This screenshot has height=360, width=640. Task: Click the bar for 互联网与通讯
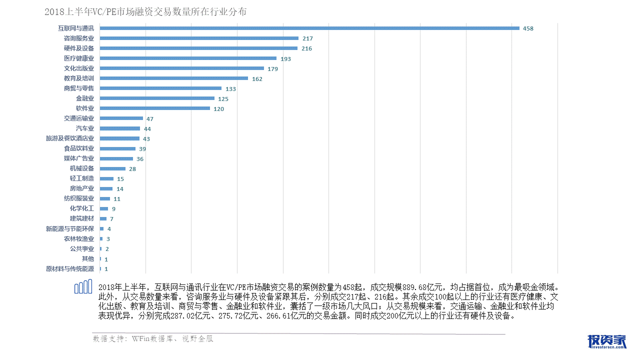[309, 28]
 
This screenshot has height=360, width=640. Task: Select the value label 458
[528, 28]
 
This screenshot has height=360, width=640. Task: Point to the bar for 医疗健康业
[188, 58]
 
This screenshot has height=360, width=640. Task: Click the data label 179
[272, 69]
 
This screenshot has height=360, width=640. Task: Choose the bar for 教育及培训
[174, 78]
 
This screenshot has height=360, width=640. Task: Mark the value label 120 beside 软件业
[218, 109]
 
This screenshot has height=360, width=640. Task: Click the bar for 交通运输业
[121, 118]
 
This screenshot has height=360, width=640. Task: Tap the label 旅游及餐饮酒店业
[70, 138]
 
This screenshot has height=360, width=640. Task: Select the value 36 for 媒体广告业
[140, 159]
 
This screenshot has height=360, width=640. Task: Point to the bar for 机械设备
[112, 168]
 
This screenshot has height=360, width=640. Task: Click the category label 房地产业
[82, 189]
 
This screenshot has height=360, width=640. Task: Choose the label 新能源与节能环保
[70, 229]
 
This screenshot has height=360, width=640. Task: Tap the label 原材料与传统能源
[70, 269]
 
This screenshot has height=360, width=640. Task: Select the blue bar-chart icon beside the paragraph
[83, 287]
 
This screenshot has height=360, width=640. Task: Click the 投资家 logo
[607, 341]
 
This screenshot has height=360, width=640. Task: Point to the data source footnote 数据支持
[153, 339]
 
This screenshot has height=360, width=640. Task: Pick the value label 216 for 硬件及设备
[306, 48]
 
